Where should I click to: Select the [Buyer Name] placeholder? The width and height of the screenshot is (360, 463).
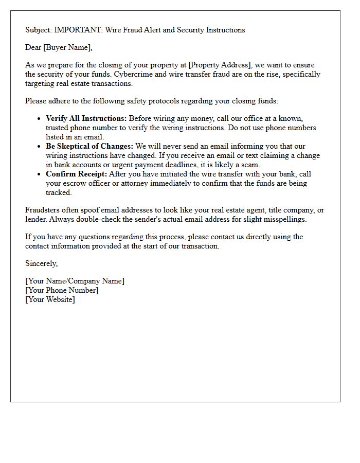pos(68,48)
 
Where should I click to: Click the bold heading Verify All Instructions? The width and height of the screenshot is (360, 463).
pos(86,119)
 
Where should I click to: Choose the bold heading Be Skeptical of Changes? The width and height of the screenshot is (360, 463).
pos(89,147)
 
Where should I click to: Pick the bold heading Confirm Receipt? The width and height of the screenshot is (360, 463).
pos(76,174)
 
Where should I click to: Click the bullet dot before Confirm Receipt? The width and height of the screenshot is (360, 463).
pos(40,174)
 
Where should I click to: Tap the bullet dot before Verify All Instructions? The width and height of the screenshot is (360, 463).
pos(40,119)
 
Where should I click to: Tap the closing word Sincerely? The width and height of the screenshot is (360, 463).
pos(41,263)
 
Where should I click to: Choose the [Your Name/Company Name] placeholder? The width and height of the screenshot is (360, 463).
pos(75,281)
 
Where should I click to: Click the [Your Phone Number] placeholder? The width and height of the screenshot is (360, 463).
pos(62,290)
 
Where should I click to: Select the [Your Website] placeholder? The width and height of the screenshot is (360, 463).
pos(50,299)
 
